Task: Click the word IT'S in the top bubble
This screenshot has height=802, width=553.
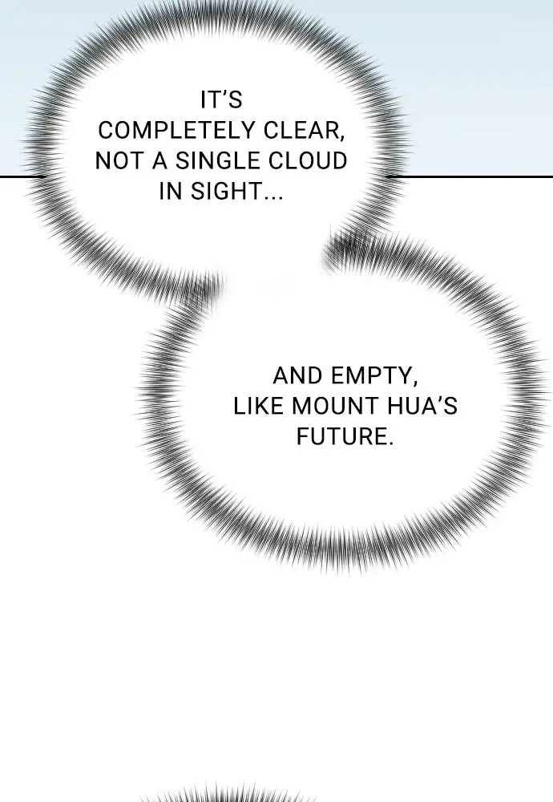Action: [x=221, y=99]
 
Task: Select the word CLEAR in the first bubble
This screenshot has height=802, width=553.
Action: [x=301, y=131]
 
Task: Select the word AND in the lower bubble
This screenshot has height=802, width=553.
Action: [x=298, y=376]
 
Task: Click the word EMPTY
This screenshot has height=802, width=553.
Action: [x=371, y=376]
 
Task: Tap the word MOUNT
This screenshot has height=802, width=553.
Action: [x=335, y=407]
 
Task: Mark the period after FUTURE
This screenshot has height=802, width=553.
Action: [x=390, y=444]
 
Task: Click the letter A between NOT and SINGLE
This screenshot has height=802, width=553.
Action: [x=160, y=161]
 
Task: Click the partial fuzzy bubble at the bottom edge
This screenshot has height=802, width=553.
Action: [x=228, y=793]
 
